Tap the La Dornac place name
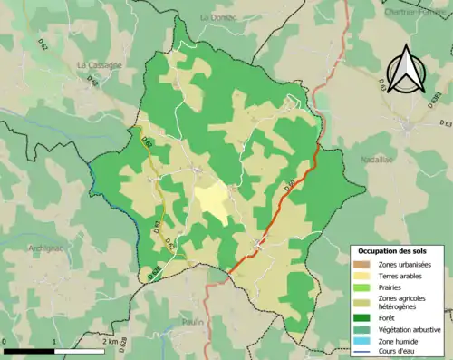click(217, 17)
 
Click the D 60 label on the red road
click(289, 187)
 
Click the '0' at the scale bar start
click(5, 342)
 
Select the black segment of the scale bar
click(29, 350)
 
